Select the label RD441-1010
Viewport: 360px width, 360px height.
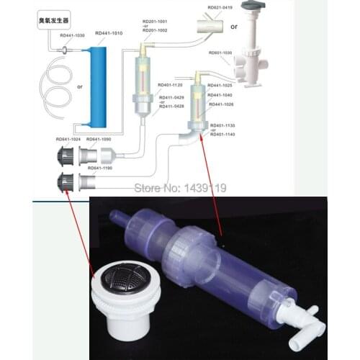point(106,35)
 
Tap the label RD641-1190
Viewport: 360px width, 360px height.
point(99,167)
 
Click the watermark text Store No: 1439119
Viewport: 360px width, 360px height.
point(181,188)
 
